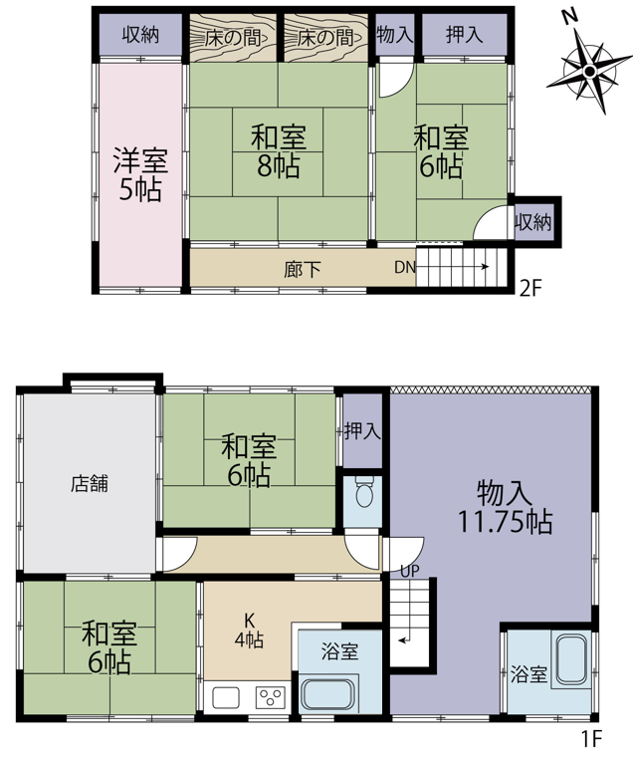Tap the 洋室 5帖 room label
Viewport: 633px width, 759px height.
[140, 174]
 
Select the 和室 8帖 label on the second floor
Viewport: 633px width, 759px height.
[279, 151]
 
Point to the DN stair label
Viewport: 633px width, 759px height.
[405, 267]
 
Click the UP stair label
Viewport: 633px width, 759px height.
[410, 571]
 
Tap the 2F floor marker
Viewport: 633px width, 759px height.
[530, 289]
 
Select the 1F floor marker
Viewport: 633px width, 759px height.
[591, 739]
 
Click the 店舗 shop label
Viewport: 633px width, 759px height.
[90, 483]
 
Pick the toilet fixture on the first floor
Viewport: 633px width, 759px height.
[363, 490]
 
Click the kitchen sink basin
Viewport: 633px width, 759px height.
[225, 697]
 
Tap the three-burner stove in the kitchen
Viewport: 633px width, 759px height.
[271, 697]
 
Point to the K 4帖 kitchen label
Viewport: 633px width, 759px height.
[249, 631]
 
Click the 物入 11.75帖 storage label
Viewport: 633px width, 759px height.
[505, 507]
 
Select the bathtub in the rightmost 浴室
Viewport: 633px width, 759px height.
[571, 660]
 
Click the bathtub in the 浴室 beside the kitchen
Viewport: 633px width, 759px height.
[327, 695]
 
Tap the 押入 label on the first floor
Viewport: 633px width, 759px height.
[362, 431]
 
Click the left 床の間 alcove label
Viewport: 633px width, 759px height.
[233, 38]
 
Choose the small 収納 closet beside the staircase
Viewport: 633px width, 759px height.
[532, 222]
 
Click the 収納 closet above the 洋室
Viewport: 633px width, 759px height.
[140, 35]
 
